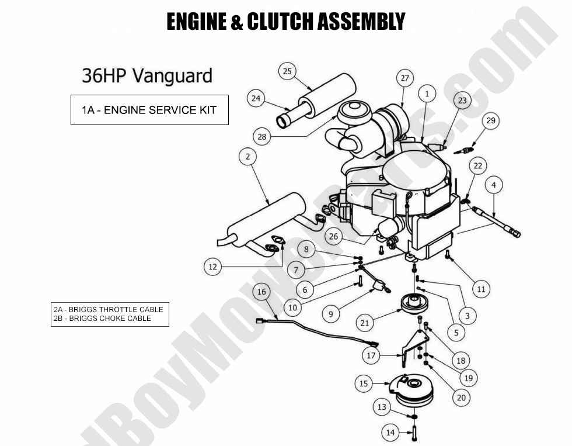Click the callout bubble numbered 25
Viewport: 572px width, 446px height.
287,71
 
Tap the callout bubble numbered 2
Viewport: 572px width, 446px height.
248,157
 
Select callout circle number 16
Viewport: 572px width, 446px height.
261,292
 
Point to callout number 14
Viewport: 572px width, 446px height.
390,433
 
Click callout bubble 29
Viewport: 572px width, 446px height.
490,121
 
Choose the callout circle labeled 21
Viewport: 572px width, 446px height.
365,323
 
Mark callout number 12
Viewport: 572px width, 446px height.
212,267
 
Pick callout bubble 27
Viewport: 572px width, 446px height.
404,78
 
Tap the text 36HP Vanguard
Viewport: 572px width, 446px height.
147,76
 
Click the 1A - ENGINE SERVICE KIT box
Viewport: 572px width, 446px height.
149,110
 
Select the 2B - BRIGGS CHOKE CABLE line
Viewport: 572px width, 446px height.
102,319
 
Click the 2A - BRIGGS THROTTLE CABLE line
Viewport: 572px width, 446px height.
109,309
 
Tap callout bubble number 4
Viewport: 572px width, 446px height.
494,185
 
